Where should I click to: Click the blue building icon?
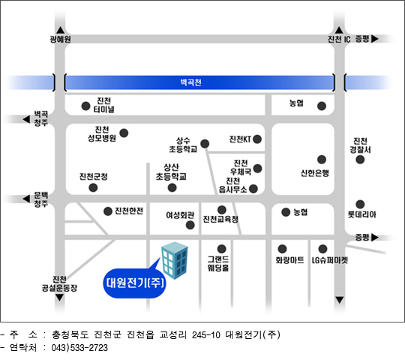pos(175,260)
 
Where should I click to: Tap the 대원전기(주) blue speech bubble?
pos(134,283)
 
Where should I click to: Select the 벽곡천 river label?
pos(190,82)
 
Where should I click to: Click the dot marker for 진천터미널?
pos(85,106)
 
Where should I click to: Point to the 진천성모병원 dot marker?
pos(124,133)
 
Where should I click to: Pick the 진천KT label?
pos(240,139)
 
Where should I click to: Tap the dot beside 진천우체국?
pos(257,169)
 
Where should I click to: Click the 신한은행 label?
pos(315,172)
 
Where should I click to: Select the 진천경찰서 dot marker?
pos(360,160)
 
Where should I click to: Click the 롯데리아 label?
pos(361,214)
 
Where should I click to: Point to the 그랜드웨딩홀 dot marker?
pos(221,249)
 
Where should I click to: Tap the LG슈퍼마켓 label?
pos(330,260)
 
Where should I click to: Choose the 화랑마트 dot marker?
pos(282,249)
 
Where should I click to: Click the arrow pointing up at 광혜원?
pos(61,30)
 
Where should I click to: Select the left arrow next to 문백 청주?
pos(26,199)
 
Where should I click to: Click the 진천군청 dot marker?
pos(93,187)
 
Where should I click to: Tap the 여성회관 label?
pos(180,214)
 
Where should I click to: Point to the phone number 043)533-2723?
pos(79,347)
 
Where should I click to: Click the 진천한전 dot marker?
pos(108,211)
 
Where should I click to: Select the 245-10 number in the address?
pos(205,335)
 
